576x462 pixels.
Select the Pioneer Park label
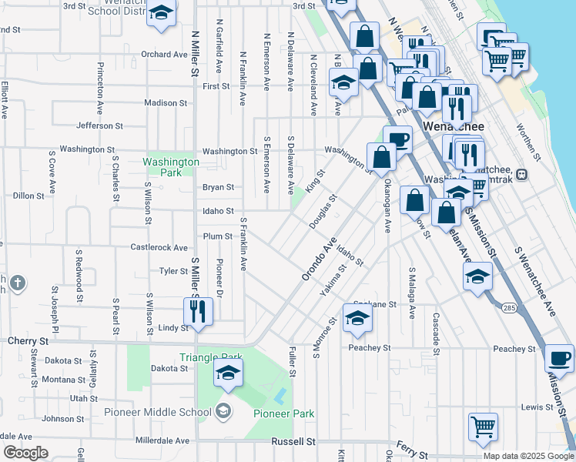pos(284,413)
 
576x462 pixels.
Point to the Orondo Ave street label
pos(320,259)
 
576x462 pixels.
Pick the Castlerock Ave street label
pos(159,248)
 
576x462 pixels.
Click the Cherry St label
pos(28,340)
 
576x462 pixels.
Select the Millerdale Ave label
pos(162,440)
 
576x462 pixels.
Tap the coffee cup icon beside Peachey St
pos(559,358)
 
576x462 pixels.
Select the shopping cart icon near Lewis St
pos(483,426)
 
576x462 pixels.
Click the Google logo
pos(25,452)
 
